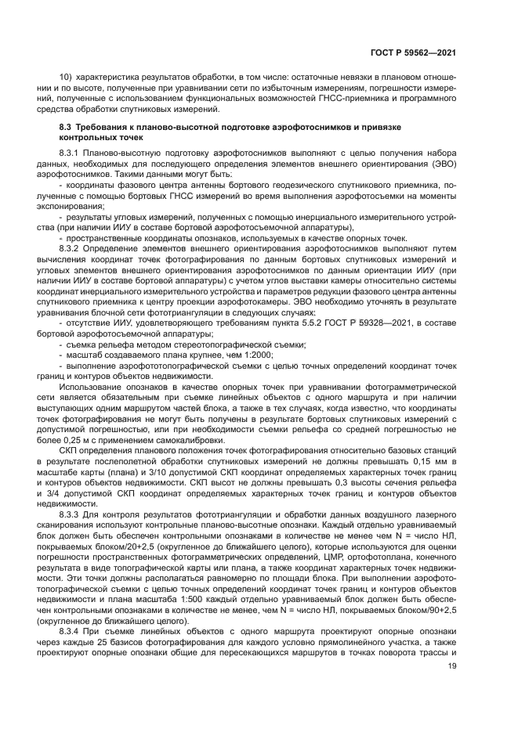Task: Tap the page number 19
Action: coord(451,665)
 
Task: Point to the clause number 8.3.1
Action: coord(71,149)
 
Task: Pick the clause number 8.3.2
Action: coord(71,245)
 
